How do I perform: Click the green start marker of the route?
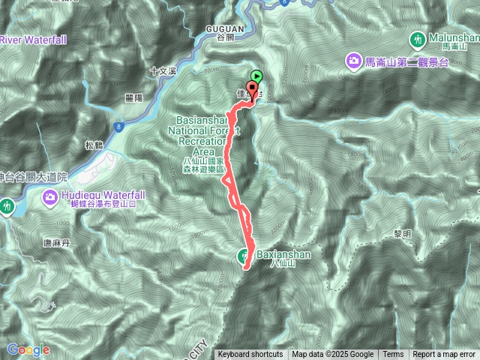click(257, 76)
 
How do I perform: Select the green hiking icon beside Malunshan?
click(418, 38)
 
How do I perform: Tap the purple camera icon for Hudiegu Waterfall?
click(51, 197)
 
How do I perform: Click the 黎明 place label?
click(403, 235)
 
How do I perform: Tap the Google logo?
click(28, 349)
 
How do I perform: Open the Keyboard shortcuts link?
click(250, 355)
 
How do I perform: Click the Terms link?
click(393, 355)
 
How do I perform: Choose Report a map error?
click(444, 355)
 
